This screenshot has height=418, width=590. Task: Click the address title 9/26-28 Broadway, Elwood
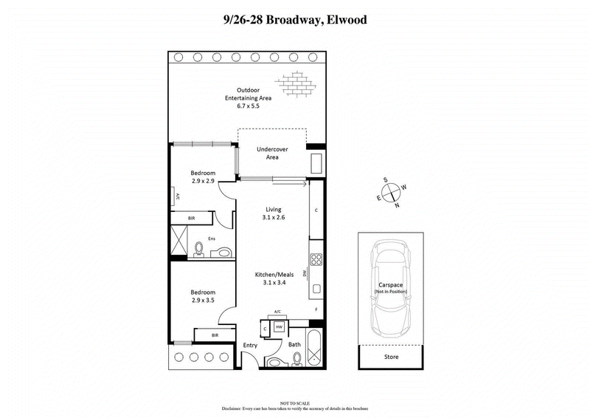(294, 20)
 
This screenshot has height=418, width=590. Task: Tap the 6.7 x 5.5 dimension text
(243, 106)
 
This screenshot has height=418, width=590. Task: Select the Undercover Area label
(271, 154)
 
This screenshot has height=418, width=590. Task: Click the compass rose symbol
(392, 191)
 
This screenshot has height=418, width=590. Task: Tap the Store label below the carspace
(391, 357)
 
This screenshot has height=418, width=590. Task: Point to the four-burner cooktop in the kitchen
(316, 259)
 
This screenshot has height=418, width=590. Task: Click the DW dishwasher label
(305, 273)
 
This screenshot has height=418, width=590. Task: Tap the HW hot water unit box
(280, 326)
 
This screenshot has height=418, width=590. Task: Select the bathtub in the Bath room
(314, 349)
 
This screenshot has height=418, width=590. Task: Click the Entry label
(250, 345)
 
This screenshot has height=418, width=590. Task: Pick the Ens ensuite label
(212, 239)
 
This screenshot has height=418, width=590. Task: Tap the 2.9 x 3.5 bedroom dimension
(203, 301)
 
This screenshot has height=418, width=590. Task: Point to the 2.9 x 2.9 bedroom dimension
(203, 180)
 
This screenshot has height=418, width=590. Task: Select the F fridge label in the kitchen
(316, 309)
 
